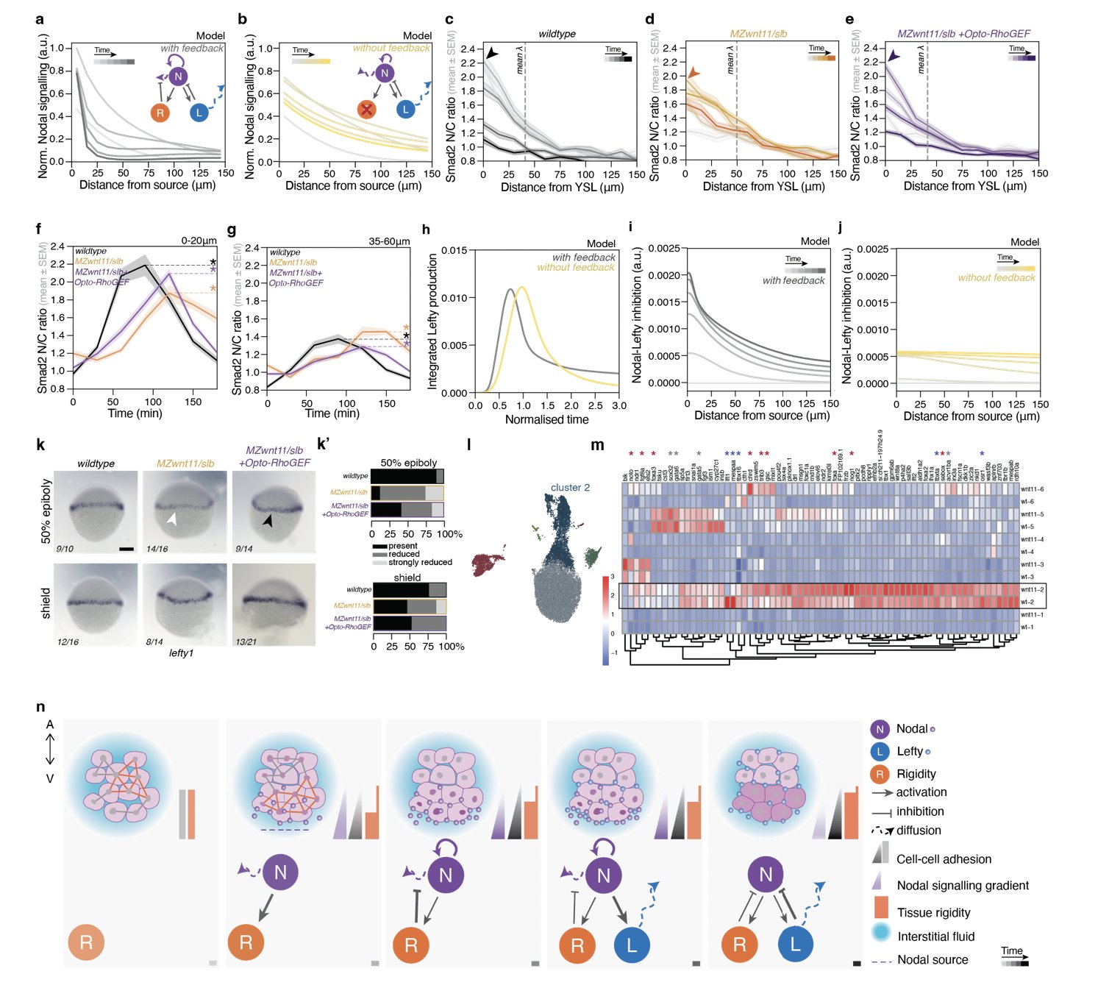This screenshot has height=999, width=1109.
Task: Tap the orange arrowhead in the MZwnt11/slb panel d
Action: (x=693, y=72)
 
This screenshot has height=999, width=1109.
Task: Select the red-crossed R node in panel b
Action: (x=366, y=110)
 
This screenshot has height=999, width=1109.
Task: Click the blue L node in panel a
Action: (x=199, y=113)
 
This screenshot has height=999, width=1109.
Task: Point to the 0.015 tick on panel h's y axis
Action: (x=457, y=250)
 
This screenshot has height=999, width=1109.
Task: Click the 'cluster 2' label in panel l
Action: (x=570, y=488)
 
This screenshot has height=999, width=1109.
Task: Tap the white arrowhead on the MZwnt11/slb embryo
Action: (x=171, y=519)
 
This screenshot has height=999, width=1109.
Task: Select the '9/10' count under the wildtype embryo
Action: (x=65, y=549)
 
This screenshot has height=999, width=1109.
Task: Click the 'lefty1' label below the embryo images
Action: (x=181, y=653)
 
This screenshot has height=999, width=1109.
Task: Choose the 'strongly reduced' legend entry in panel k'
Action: (x=420, y=563)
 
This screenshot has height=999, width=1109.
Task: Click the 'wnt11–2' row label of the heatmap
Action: (x=1032, y=590)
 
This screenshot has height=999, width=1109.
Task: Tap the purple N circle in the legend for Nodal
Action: (x=880, y=729)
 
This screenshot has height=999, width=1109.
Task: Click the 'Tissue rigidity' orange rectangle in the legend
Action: (x=881, y=907)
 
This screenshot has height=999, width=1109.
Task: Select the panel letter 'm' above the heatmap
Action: (x=597, y=445)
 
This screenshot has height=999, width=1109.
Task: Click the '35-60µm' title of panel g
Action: (x=389, y=241)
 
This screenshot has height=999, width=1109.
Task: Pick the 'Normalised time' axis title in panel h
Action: (x=546, y=419)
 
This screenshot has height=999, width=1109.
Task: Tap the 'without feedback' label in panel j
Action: (x=996, y=277)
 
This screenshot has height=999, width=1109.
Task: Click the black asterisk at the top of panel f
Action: (x=213, y=263)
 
